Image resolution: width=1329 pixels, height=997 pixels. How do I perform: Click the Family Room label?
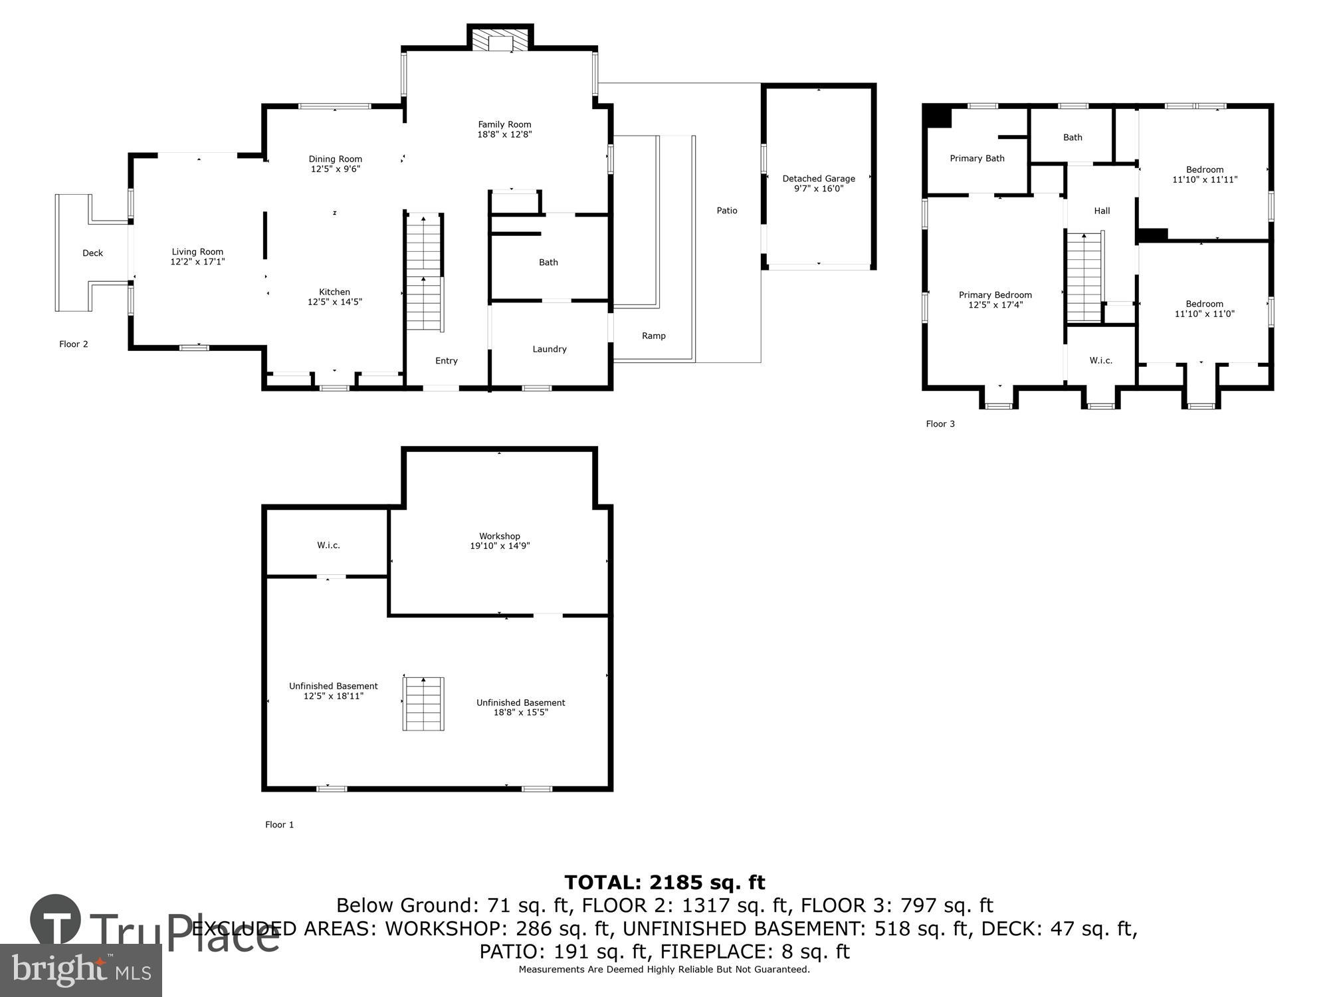click(x=504, y=125)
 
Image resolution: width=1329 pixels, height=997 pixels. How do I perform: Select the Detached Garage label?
click(x=818, y=179)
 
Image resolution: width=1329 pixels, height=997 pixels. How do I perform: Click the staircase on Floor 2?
click(x=424, y=273)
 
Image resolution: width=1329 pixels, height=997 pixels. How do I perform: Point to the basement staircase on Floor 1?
click(x=423, y=704)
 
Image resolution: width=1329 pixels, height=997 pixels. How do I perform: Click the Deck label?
click(x=92, y=253)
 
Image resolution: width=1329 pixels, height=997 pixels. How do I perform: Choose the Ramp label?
click(x=653, y=336)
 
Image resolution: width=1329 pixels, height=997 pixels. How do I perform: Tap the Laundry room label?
click(x=549, y=349)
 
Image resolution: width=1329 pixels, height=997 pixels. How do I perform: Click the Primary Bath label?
click(x=976, y=158)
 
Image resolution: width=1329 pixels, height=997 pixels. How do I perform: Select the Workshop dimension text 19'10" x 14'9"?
click(x=500, y=546)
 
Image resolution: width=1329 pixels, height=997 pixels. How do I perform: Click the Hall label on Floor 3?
click(x=1102, y=211)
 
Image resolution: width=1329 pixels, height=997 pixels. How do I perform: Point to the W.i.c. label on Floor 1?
click(x=328, y=545)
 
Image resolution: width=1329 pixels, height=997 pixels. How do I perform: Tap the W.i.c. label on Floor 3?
click(x=1100, y=360)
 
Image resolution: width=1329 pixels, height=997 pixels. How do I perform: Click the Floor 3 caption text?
click(x=940, y=424)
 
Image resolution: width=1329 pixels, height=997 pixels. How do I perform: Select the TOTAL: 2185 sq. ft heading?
click(x=664, y=883)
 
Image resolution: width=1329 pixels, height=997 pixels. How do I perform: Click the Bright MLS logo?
click(x=80, y=970)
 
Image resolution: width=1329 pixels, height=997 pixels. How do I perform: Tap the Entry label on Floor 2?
click(x=446, y=361)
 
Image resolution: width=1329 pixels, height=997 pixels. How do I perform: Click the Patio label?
click(x=726, y=211)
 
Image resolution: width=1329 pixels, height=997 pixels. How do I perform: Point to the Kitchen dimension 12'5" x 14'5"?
click(x=334, y=302)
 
